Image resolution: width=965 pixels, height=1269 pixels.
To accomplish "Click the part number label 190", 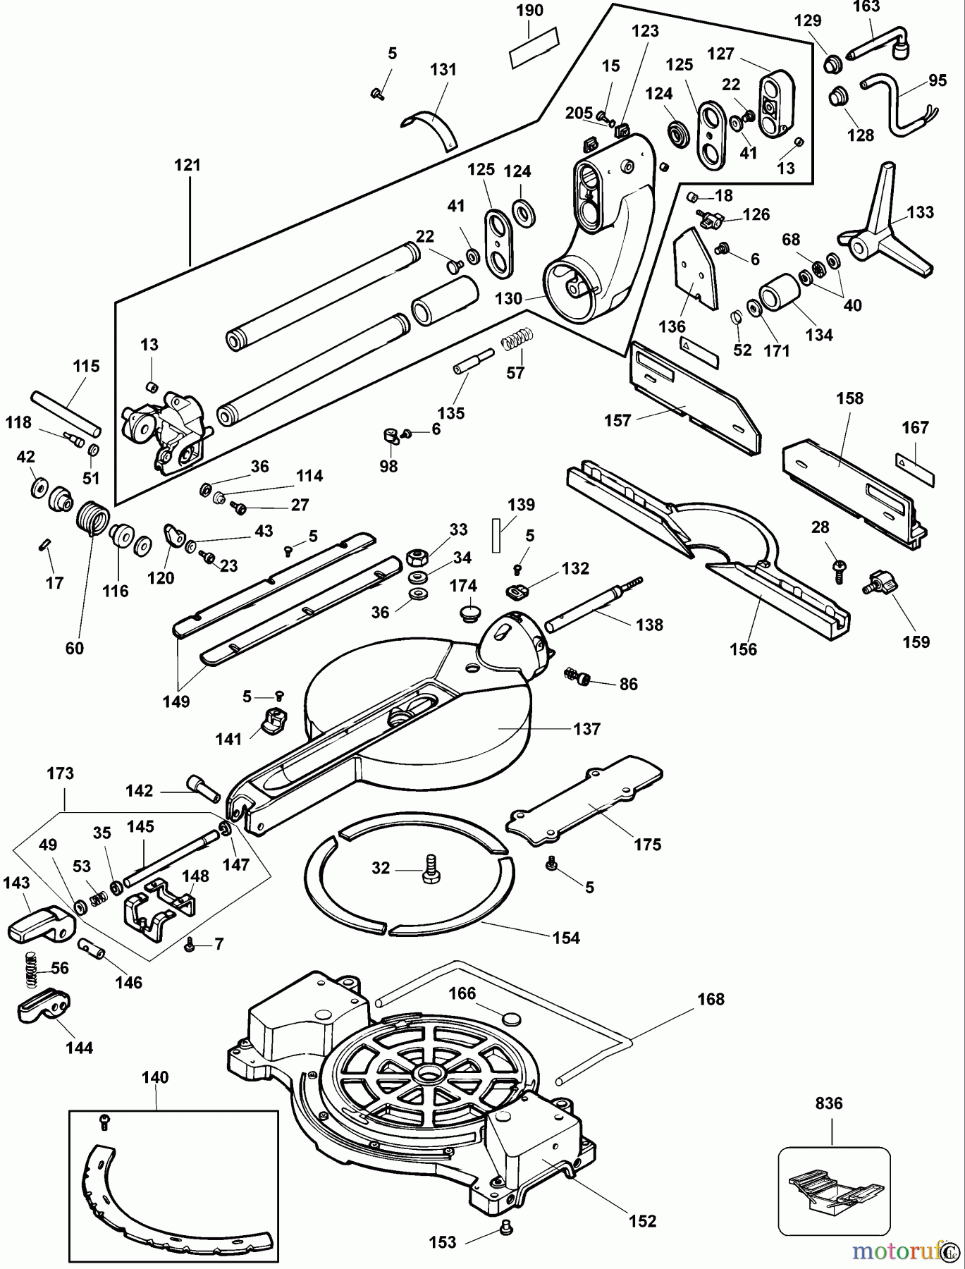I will tap(530, 11).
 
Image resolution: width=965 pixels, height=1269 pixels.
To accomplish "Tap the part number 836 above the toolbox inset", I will tap(829, 1103).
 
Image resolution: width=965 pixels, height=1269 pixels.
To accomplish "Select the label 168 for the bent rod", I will tap(711, 999).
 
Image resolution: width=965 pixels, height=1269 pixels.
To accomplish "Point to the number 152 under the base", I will tap(643, 1221).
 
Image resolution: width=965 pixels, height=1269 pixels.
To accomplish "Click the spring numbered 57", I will tap(516, 341).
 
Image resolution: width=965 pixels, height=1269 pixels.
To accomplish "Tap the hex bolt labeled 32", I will tap(430, 869).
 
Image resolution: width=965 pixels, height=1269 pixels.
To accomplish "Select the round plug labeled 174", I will tap(465, 611).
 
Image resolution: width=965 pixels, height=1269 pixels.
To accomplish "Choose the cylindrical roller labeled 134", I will tap(779, 290).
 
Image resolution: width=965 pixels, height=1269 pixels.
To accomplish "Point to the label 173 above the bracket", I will tap(60, 773).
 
